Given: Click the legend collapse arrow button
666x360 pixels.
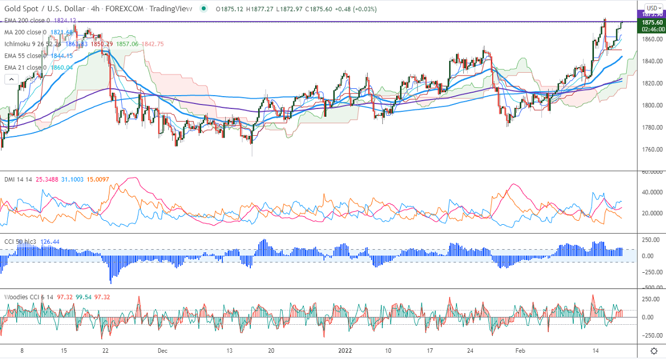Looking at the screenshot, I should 11,79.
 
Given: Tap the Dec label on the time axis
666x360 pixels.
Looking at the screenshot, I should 163,350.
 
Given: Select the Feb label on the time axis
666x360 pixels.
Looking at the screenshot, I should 520,350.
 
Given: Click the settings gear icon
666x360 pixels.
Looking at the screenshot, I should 654,350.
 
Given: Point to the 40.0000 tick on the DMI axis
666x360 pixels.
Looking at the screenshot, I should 651,192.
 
